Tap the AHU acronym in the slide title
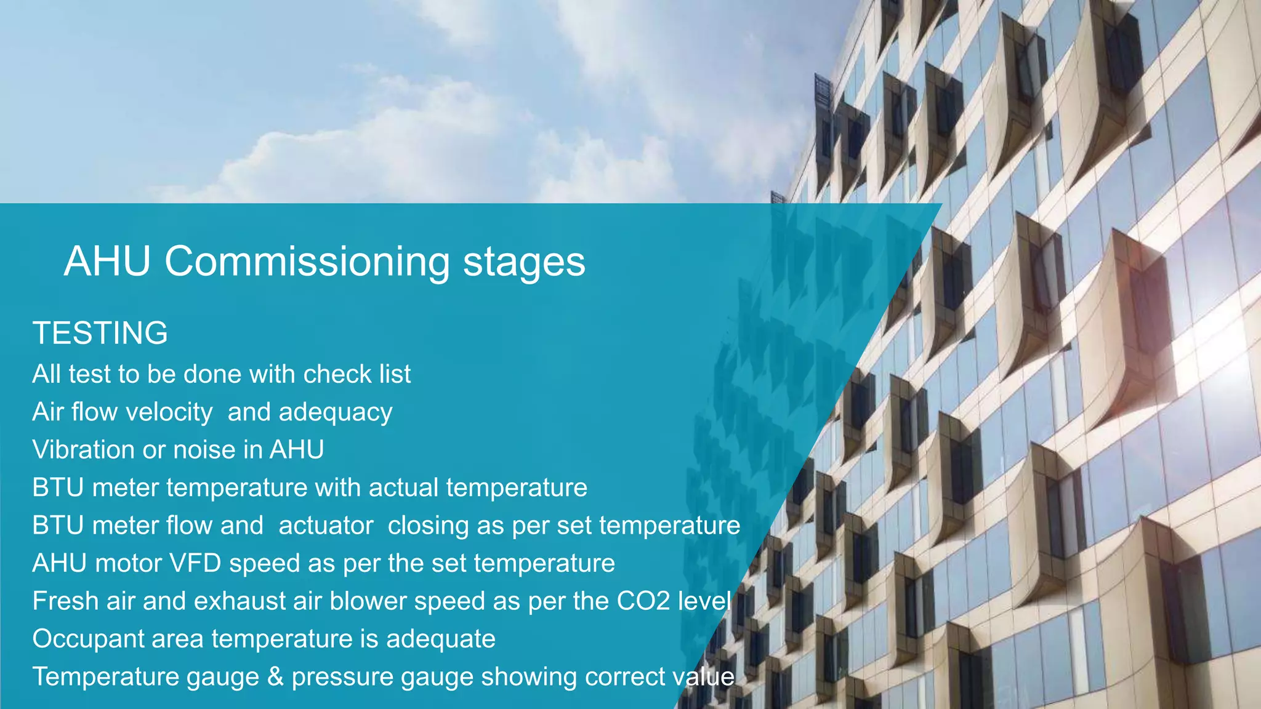point(107,261)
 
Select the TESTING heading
point(100,333)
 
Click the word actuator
point(326,526)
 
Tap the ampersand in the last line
point(275,677)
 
